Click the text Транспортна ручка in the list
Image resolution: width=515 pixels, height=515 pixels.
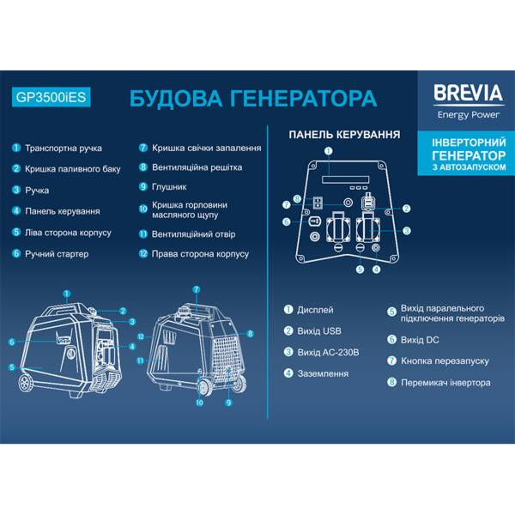coord(65,147)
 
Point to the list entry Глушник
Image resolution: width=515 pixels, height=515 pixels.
coord(169,186)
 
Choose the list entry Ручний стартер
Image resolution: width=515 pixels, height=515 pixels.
coord(57,254)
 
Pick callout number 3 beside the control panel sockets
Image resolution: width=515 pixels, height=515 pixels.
coord(408,231)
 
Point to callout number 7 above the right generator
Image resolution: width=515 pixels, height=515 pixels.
coord(196,289)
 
